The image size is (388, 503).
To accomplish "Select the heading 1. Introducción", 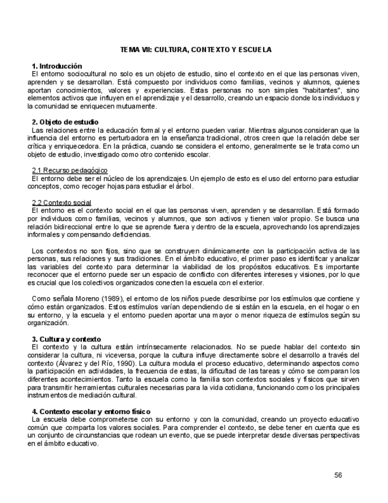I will point(57,65).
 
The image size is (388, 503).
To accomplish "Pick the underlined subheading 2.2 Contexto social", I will point(61,202).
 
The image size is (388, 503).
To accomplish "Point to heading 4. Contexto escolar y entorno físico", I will point(91,411).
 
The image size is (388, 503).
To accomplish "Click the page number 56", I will point(338,475).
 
